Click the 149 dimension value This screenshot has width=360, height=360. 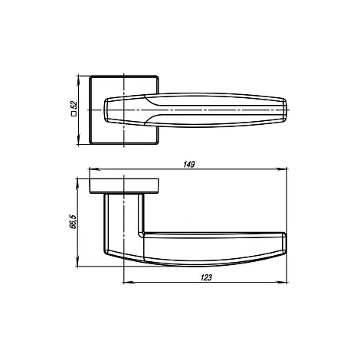pos(189,165)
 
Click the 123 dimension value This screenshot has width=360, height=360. pos(206,277)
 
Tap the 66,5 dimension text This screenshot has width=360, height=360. pos(73,221)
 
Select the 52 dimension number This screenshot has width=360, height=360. pos(74,105)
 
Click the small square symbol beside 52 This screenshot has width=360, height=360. pos(74,114)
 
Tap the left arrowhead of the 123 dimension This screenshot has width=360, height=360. pos(129,283)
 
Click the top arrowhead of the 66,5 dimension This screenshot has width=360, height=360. pos(77,184)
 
